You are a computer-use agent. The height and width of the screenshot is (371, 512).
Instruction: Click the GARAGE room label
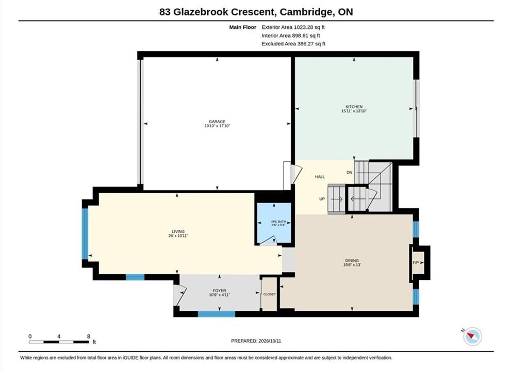(217, 122)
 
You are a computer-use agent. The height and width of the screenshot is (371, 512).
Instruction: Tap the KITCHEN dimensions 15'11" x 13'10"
(354, 111)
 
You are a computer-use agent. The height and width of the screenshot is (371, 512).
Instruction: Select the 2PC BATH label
(278, 222)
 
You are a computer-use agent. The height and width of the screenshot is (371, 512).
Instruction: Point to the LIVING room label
(178, 231)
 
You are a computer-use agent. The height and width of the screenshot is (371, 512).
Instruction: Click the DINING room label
(352, 260)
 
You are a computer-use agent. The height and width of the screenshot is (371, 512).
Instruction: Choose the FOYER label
(220, 291)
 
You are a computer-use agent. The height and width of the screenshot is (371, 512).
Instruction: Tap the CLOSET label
(269, 294)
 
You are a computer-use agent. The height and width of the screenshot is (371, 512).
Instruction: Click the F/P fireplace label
(416, 263)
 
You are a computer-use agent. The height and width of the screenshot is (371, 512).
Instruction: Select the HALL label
(320, 177)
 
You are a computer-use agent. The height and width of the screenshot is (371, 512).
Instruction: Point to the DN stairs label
(350, 172)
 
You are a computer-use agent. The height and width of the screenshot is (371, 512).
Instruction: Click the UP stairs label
(322, 199)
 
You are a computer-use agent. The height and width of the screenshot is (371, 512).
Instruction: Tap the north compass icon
(472, 336)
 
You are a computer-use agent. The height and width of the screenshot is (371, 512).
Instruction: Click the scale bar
(59, 342)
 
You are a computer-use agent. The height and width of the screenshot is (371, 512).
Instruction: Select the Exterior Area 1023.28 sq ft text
(293, 27)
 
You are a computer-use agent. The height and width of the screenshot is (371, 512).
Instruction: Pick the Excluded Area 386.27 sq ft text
(293, 44)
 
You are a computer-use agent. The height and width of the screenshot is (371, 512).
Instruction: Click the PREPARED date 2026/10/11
(270, 341)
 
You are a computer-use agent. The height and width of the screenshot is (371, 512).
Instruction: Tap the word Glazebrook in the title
(201, 12)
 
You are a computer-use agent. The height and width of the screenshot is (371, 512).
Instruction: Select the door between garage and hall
(292, 175)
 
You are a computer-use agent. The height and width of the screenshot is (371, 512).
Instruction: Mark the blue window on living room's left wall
(85, 233)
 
